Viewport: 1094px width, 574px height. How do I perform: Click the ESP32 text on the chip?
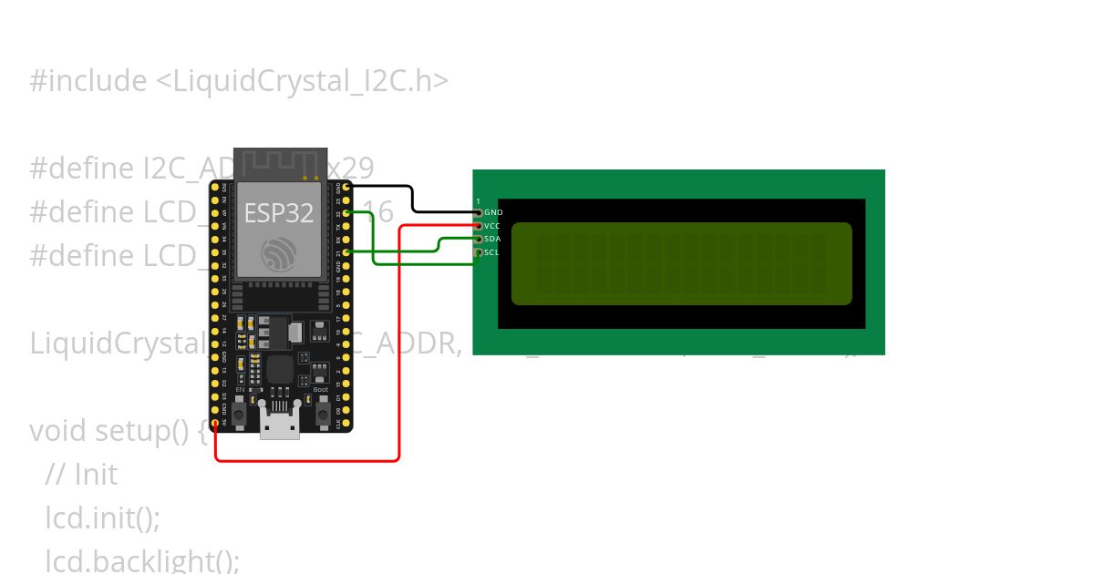279,213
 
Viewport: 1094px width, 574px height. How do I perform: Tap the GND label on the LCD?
493,212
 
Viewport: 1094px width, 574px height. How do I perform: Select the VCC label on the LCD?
492,225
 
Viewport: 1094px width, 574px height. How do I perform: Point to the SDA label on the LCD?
492,239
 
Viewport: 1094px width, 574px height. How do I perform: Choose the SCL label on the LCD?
492,252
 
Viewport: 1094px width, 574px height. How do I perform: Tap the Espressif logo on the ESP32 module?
278,253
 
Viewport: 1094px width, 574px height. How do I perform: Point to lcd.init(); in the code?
102,518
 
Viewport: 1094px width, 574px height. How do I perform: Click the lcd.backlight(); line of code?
142,561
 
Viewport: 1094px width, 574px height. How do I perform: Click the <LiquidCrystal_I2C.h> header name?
302,81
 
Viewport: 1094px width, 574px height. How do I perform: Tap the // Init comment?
81,475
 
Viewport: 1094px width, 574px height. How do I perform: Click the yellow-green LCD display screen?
681,263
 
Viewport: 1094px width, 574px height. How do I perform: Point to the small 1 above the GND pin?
478,200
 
